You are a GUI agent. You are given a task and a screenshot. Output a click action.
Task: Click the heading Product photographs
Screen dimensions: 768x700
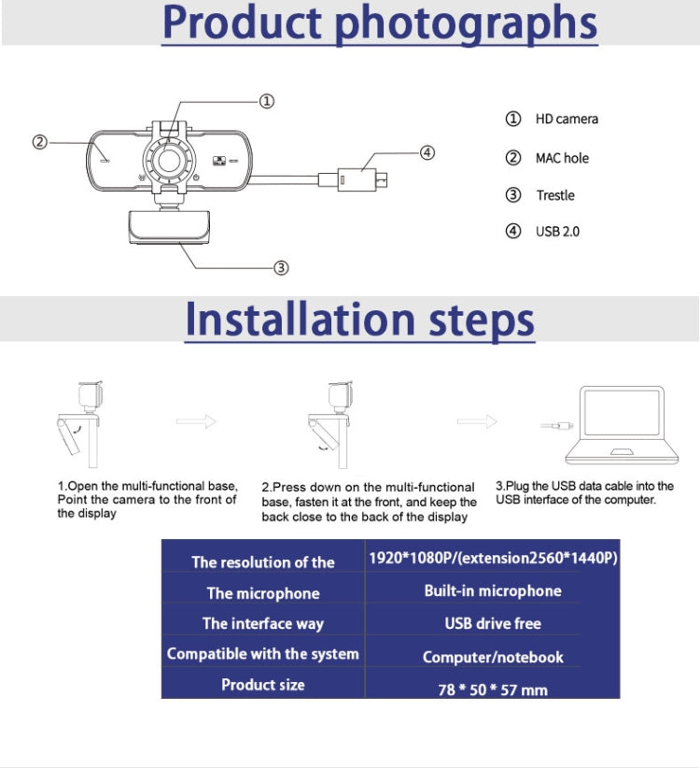(380, 24)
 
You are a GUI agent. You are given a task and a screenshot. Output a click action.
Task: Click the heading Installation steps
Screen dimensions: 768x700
(359, 320)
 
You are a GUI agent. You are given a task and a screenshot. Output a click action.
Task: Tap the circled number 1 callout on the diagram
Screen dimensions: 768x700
(266, 101)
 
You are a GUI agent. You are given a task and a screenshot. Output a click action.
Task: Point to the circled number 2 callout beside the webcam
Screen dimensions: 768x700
(39, 142)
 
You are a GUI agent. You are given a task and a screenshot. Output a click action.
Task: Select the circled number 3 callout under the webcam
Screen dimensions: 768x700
(280, 268)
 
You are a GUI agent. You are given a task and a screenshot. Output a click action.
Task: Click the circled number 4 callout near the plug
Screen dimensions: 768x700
(427, 152)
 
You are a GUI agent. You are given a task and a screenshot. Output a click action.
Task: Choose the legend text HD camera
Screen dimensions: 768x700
(566, 119)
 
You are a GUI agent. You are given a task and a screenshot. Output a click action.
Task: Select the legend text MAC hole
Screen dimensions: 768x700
(561, 158)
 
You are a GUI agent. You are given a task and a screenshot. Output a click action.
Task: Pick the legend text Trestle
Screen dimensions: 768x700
(554, 195)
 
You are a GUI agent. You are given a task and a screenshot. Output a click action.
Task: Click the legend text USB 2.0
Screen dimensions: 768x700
(556, 231)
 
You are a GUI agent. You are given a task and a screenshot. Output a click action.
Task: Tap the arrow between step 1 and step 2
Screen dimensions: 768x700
(196, 421)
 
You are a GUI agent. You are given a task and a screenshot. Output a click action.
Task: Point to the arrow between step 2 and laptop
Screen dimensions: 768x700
(477, 421)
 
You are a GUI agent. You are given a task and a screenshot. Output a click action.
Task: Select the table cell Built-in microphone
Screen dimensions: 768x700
(493, 591)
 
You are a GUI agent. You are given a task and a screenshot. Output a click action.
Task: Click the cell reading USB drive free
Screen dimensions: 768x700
(493, 623)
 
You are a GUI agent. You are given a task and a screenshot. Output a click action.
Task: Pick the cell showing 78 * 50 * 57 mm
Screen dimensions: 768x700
(493, 690)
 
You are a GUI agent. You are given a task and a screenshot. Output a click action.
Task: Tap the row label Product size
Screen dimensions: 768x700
(262, 685)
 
